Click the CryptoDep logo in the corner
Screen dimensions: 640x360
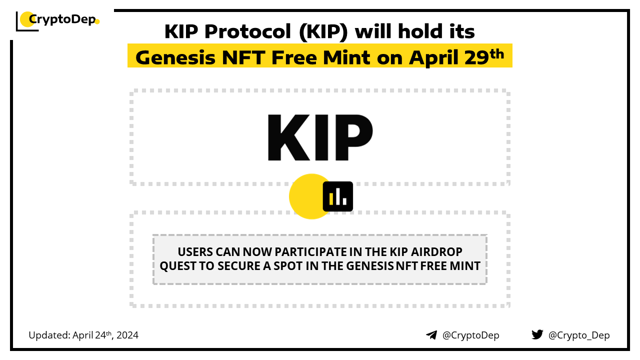(x=57, y=21)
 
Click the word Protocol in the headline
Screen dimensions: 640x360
(x=247, y=31)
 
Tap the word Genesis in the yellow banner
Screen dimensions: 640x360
(x=175, y=57)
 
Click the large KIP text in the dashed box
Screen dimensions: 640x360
(x=320, y=137)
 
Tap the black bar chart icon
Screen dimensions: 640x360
(x=337, y=196)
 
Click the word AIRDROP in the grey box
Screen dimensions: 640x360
(x=436, y=252)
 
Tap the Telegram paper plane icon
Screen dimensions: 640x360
(x=431, y=335)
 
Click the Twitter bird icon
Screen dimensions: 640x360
(x=537, y=334)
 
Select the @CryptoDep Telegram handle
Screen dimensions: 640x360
(x=471, y=335)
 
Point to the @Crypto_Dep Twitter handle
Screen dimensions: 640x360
(x=579, y=335)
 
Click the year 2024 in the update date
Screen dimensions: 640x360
(x=127, y=335)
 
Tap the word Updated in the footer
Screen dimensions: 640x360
(x=49, y=335)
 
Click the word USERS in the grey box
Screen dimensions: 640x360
(x=195, y=252)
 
